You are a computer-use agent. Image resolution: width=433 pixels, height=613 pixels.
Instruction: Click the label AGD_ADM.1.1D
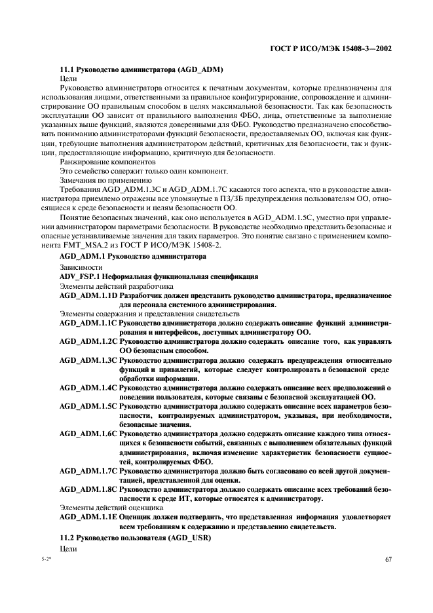point(88,295)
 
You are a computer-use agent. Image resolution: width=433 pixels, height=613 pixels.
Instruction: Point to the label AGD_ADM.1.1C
point(88,323)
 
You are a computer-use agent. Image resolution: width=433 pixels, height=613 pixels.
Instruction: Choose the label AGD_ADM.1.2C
point(88,341)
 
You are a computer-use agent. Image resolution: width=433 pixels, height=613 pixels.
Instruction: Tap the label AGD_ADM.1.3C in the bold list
point(88,360)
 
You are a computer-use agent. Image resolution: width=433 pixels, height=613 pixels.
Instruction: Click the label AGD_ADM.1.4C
point(88,388)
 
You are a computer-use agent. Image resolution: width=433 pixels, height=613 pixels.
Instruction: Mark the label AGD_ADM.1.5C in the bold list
point(88,406)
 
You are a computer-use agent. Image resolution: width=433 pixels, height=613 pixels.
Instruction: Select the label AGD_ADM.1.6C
point(88,434)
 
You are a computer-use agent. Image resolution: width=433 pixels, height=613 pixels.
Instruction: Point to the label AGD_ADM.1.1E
point(88,516)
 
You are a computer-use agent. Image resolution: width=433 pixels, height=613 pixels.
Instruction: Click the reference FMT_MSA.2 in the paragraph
point(83,244)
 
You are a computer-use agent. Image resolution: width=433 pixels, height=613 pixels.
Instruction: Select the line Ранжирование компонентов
point(107,161)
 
